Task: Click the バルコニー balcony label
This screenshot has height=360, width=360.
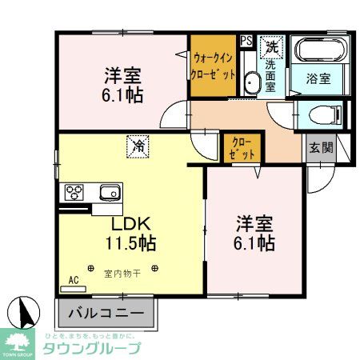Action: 105,312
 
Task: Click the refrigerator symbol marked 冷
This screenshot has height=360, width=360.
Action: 138,146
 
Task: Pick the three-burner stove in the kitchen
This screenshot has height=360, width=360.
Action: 76,192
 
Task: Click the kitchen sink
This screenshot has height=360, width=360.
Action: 108,192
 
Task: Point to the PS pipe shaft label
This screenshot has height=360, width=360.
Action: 245,38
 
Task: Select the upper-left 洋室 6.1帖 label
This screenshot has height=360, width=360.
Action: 122,84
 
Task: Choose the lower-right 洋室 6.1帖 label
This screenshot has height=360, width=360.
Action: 256,230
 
